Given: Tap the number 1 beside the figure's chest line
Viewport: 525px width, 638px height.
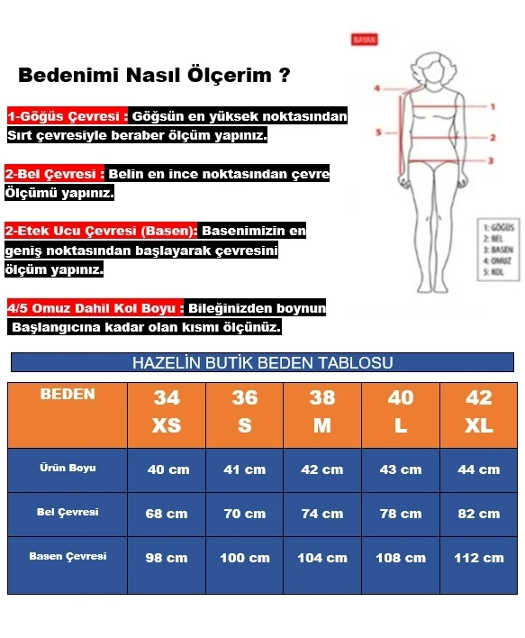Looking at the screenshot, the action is pyautogui.click(x=493, y=106).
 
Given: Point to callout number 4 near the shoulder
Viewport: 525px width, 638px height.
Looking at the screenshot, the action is pyautogui.click(x=379, y=88).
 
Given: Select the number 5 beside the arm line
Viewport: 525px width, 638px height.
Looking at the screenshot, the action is pyautogui.click(x=379, y=132).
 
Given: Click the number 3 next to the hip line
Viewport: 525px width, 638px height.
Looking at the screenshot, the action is pyautogui.click(x=492, y=160).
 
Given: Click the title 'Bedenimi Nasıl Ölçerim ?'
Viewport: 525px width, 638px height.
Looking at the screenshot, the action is pyautogui.click(x=154, y=75).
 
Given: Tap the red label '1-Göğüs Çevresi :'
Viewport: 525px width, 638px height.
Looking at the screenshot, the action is pyautogui.click(x=68, y=117).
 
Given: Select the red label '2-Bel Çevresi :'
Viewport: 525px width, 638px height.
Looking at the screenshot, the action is pyautogui.click(x=55, y=174).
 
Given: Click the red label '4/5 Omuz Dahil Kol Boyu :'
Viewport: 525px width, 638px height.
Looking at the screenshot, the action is pyautogui.click(x=95, y=308).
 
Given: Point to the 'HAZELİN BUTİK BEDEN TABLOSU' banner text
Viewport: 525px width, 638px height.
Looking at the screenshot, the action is pyautogui.click(x=262, y=363).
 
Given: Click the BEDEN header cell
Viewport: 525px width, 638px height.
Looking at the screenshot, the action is pyautogui.click(x=68, y=395).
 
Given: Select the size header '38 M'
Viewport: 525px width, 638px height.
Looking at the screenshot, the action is pyautogui.click(x=321, y=412).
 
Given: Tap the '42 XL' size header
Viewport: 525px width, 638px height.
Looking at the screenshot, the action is pyautogui.click(x=478, y=412).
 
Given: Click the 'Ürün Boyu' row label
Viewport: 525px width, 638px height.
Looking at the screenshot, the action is pyautogui.click(x=68, y=469).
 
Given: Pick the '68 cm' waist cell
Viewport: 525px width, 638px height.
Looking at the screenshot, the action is pyautogui.click(x=167, y=514).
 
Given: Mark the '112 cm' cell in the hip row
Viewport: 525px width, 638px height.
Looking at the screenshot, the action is pyautogui.click(x=478, y=558).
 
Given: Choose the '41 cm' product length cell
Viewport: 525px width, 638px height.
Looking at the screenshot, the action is pyautogui.click(x=244, y=469).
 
